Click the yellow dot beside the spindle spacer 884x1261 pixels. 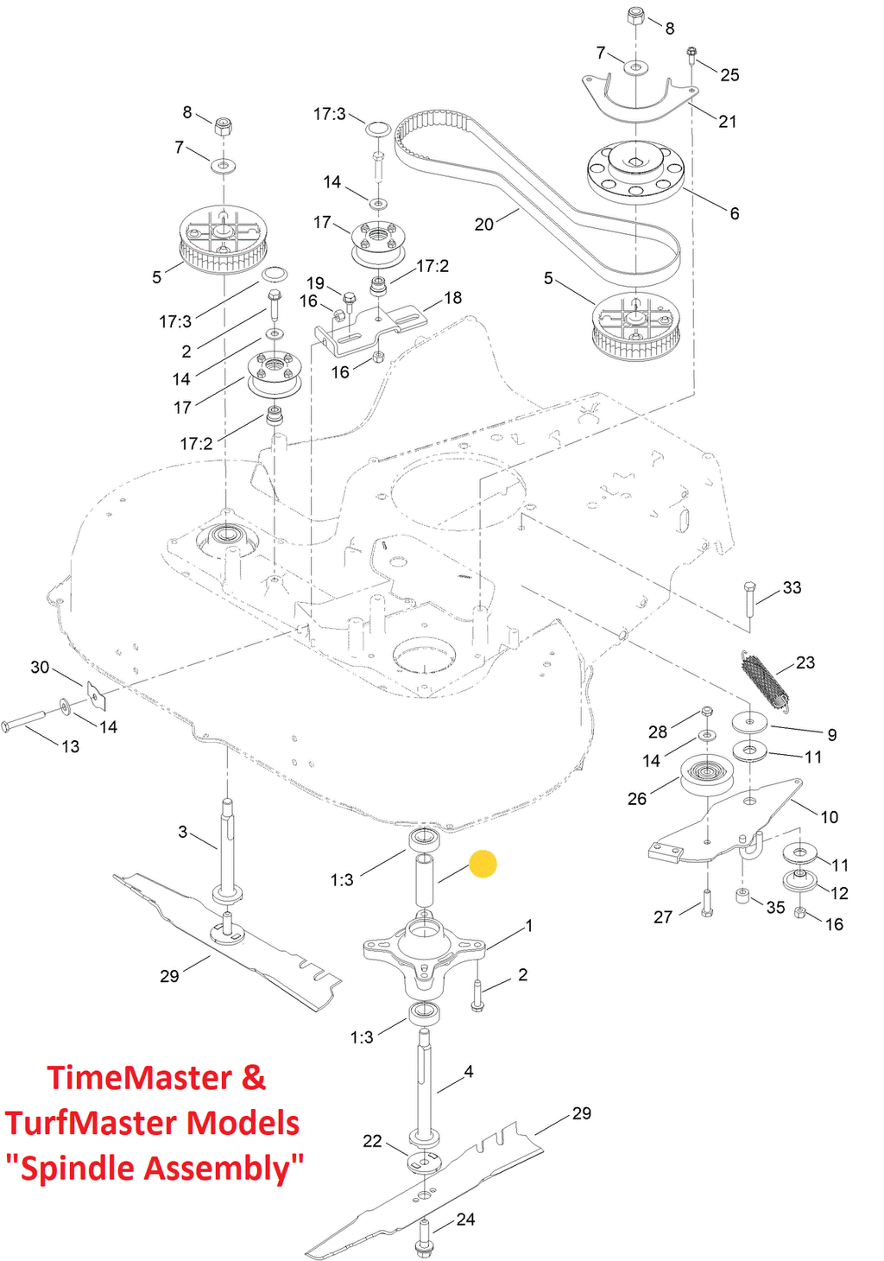pos(483,864)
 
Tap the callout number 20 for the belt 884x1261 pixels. pos(483,225)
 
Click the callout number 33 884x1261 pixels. pos(792,587)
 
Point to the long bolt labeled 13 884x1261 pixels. pos(23,720)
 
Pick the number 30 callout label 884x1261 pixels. pos(40,667)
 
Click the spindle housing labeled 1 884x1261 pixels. pos(423,952)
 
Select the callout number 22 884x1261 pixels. pos(372,1136)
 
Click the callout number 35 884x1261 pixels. pos(775,908)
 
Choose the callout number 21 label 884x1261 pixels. pos(727,121)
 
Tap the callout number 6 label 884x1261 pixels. pos(734,213)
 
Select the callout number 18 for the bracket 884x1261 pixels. pos(452,297)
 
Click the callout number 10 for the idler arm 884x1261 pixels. pos(829,817)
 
